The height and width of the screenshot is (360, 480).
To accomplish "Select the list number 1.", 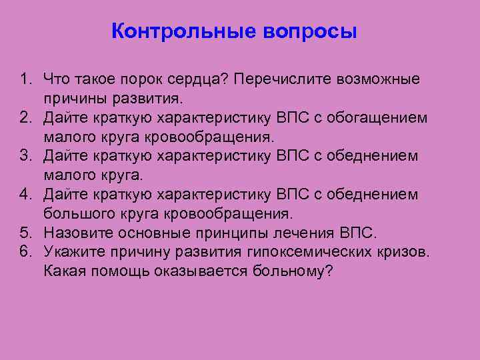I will [25, 79].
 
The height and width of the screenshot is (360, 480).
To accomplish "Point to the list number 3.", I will [25, 156].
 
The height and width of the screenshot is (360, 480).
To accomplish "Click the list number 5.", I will [25, 233].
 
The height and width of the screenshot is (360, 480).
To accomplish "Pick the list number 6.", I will [25, 252].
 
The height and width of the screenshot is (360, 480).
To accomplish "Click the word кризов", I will [401, 252].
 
